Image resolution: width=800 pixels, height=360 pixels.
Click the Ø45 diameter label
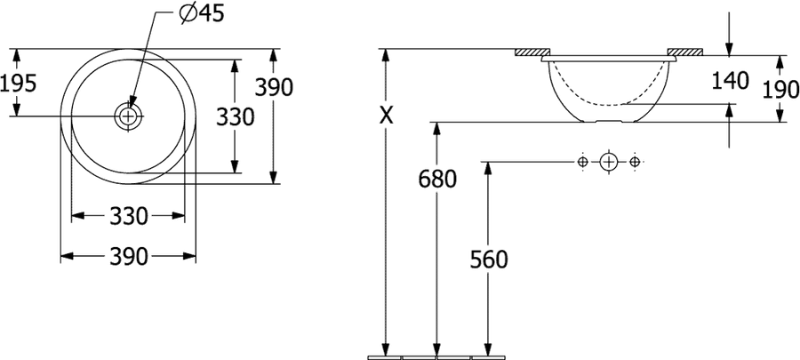[202, 13]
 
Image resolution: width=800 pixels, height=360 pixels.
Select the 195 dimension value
[19, 84]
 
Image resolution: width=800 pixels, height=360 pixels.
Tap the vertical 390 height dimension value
[274, 88]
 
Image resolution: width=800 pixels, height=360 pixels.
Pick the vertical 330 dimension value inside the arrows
[235, 117]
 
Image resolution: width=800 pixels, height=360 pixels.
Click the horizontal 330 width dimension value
[129, 216]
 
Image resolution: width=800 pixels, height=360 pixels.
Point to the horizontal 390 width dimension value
[129, 257]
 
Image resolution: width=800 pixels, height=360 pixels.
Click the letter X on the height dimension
[387, 116]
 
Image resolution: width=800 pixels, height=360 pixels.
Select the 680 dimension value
[437, 179]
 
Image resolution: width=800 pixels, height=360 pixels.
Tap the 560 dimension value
[489, 260]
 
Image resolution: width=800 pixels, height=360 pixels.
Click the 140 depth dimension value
[730, 81]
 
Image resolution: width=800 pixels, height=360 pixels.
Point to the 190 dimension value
[780, 91]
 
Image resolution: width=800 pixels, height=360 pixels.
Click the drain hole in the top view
[128, 116]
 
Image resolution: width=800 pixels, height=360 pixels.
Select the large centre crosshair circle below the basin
[608, 162]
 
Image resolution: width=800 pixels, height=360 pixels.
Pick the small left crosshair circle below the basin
[582, 162]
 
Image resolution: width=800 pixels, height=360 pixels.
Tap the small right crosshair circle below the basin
[634, 162]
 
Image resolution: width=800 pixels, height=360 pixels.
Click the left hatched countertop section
[532, 52]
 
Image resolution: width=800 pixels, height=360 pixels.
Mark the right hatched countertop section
[685, 52]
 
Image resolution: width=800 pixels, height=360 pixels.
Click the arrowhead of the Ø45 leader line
[132, 102]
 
